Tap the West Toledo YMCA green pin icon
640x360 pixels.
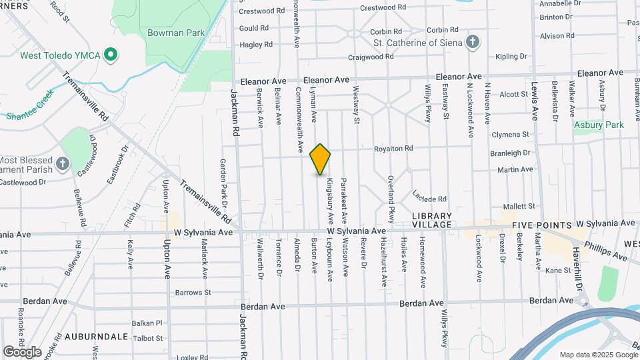111,55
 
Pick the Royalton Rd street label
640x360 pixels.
393,148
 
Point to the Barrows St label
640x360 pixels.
193,292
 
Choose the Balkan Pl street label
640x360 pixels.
146,323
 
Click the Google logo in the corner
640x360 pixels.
21,351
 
